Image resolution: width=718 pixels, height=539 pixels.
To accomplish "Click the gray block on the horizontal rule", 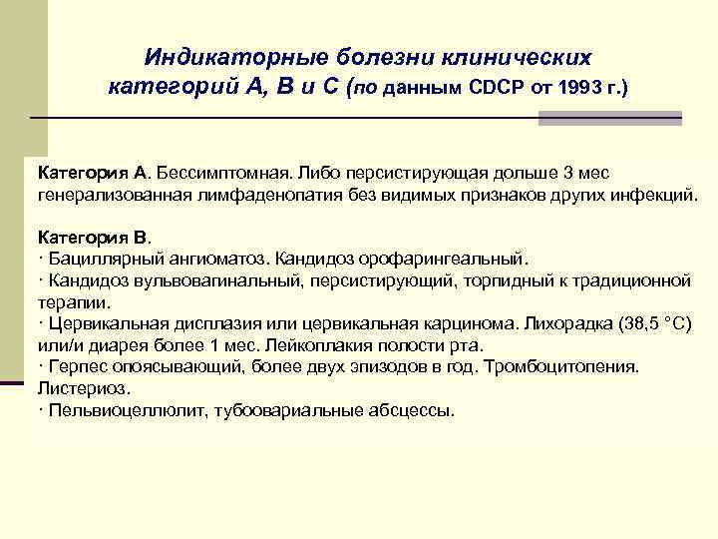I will [609, 118].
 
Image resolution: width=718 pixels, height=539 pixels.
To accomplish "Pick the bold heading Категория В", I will [91, 237].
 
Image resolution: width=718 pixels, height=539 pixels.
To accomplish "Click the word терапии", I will [71, 300].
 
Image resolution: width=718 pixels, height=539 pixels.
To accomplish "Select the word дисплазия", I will [193, 324].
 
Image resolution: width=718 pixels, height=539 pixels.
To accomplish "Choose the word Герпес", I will [76, 367].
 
